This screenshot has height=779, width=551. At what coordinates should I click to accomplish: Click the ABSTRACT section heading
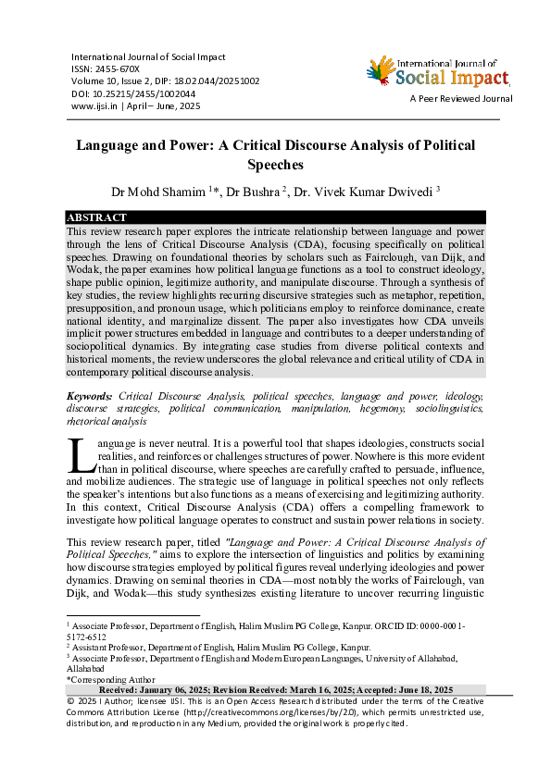tap(96, 217)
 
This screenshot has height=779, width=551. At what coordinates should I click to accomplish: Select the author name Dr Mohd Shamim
tap(145, 192)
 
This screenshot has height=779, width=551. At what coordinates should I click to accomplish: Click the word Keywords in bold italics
tap(90, 395)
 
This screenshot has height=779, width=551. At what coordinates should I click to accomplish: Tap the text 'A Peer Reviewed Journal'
tap(461, 98)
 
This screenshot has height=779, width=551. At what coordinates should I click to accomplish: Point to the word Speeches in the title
tap(275, 165)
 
